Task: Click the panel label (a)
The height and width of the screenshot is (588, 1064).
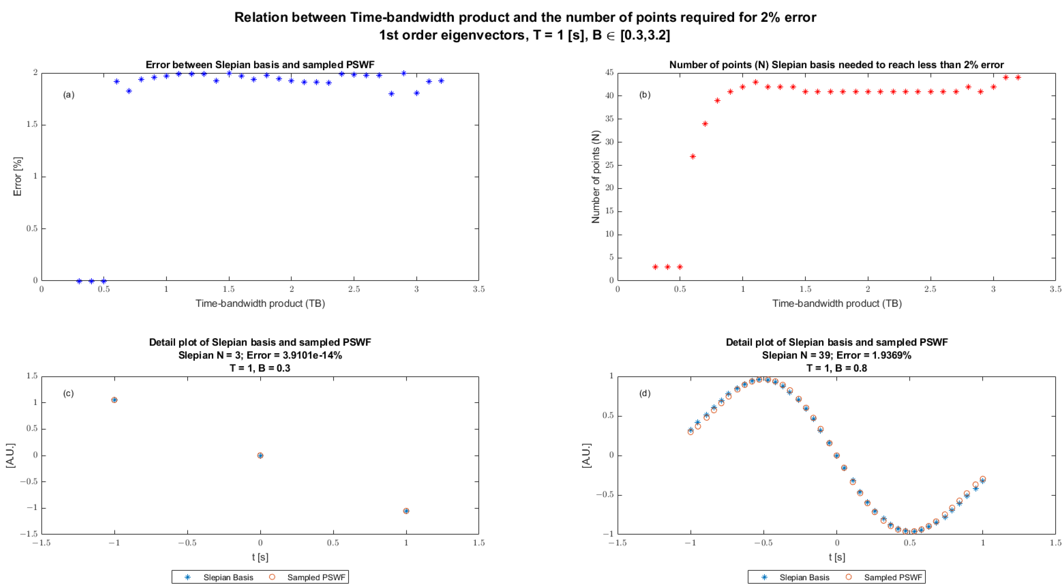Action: click(x=68, y=95)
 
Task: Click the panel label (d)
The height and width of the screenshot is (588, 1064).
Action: click(x=645, y=393)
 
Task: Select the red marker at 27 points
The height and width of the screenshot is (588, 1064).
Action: click(x=693, y=156)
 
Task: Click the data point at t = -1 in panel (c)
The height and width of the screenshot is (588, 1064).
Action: click(x=114, y=400)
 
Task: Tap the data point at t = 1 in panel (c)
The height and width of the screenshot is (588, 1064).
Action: click(x=406, y=511)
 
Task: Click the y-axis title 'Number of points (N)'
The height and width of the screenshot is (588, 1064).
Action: click(x=595, y=177)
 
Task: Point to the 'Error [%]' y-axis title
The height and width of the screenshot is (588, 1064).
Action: click(x=17, y=177)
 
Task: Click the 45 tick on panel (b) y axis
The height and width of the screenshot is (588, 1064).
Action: click(x=609, y=73)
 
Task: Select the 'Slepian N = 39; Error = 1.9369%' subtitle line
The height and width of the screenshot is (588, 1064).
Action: click(x=836, y=355)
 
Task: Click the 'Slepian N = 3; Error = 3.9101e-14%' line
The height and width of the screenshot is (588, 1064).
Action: click(x=260, y=355)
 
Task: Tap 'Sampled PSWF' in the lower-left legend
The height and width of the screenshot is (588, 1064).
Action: click(x=316, y=577)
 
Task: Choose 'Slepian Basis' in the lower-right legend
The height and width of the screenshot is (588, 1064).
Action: click(x=804, y=577)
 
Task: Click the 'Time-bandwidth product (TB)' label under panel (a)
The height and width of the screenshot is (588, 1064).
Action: click(x=260, y=303)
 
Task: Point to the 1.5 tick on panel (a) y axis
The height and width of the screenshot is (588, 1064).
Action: click(x=32, y=124)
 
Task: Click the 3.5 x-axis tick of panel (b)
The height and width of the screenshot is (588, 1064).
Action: click(x=1055, y=289)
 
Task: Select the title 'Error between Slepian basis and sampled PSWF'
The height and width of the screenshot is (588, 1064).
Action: click(x=260, y=65)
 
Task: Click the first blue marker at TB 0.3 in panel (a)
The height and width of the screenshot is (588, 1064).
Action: click(x=79, y=281)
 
